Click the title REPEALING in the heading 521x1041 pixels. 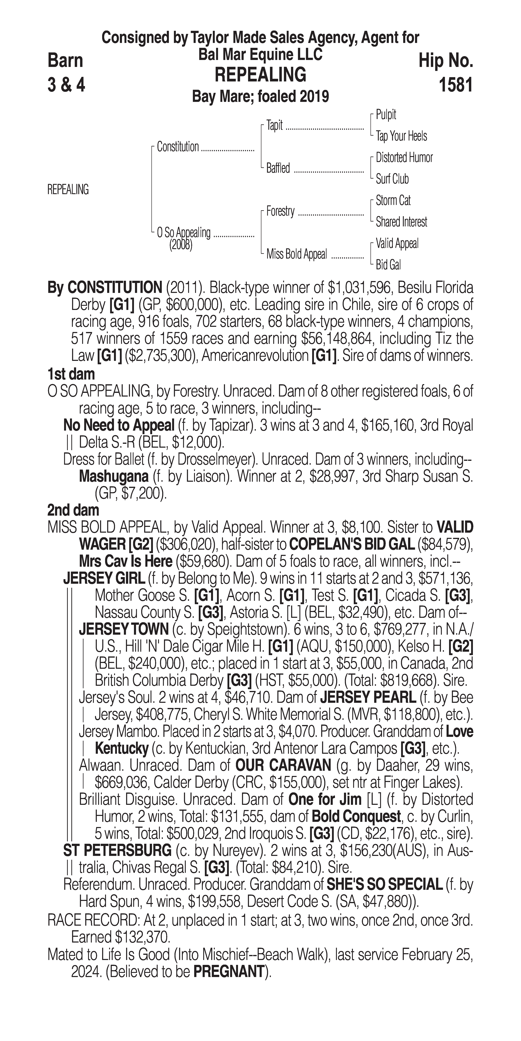click(x=260, y=75)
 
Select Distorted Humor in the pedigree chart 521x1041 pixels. click(x=404, y=158)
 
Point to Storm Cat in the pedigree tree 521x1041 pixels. click(x=393, y=200)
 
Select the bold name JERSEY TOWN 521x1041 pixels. click(x=124, y=629)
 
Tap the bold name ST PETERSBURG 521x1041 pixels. click(x=117, y=851)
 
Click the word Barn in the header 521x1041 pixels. click(x=65, y=61)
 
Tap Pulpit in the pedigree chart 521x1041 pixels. click(x=386, y=115)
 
